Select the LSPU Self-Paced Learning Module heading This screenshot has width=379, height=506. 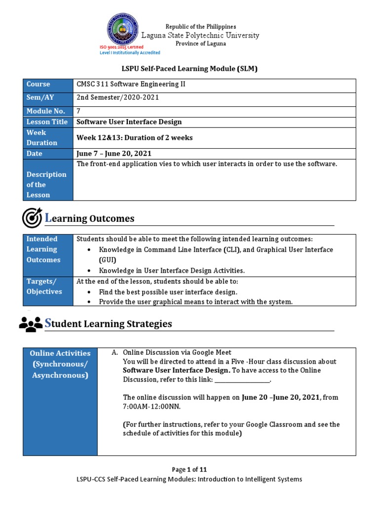pos(189,69)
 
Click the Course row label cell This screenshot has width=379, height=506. pos(48,84)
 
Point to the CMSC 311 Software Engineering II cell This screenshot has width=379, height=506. pos(131,84)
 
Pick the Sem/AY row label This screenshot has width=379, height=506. pos(48,97)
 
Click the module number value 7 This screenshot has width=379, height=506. pos(78,111)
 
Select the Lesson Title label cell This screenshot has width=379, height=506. pos(48,122)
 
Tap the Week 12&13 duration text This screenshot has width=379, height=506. pos(134,138)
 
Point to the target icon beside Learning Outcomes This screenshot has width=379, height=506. pos(32,218)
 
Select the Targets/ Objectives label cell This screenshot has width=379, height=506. pos(48,287)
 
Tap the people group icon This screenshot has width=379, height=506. pos(31,324)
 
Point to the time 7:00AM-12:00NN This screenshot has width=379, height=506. pos(152,407)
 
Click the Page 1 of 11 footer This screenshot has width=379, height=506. pos(189,469)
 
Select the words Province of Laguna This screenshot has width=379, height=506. pos(201,43)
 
